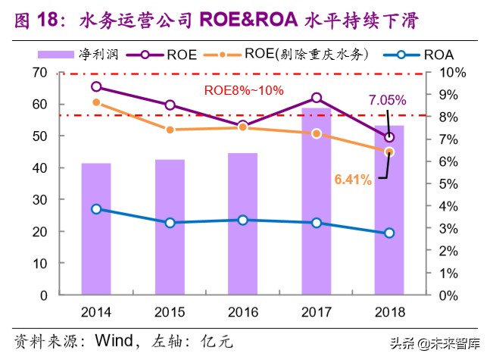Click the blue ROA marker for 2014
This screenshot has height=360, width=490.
pos(96,209)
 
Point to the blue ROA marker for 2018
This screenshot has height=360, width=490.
pos(389,233)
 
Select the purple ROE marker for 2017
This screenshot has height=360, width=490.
pos(316,98)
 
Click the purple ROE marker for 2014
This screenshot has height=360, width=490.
pos(96,87)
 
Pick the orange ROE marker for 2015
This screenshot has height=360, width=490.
pos(170,130)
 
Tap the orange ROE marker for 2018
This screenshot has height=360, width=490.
pos(389,152)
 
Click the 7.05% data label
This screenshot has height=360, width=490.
pos(388,99)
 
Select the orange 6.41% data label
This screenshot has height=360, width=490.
pos(352,180)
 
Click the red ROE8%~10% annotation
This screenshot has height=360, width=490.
pos(245,90)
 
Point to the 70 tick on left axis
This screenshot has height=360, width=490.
pos(61,73)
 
